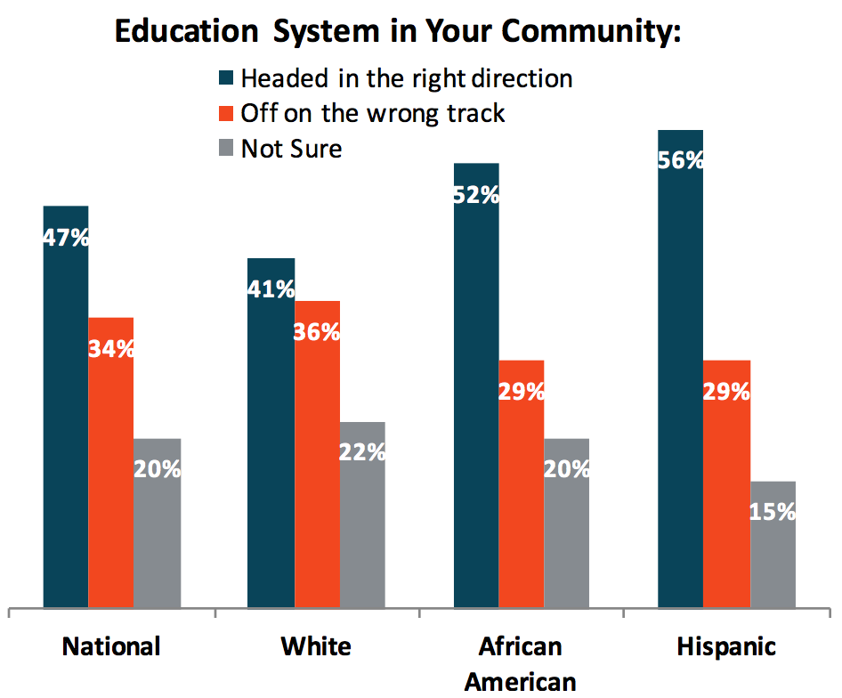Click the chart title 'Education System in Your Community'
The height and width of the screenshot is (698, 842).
point(397,32)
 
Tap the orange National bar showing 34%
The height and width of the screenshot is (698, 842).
point(111,463)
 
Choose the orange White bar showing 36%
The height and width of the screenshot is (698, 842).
point(317,454)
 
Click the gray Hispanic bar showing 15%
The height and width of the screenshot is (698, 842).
point(773,544)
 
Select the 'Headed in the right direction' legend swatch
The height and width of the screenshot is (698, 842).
point(227,79)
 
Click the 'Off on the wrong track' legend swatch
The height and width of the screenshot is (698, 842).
point(227,114)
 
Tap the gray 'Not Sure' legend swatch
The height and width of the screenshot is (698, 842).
point(227,149)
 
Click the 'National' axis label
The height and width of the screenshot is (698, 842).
point(111,646)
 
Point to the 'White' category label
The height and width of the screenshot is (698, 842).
point(316,646)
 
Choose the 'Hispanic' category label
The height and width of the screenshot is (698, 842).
point(726,646)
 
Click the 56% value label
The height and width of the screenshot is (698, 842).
point(681,161)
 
